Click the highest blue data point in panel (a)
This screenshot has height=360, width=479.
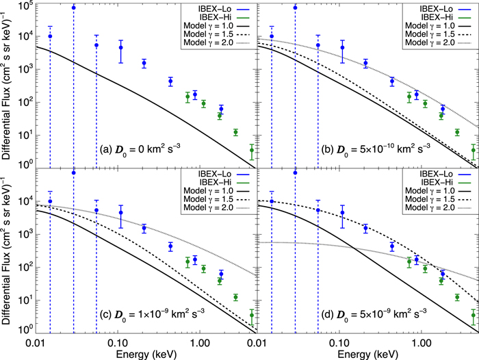coord(73,8)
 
